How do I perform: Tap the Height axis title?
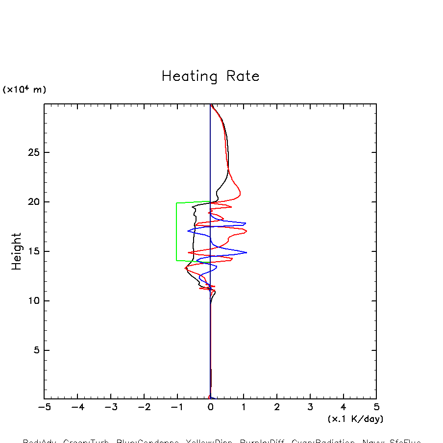click(17, 251)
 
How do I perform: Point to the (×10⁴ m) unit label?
click(25, 90)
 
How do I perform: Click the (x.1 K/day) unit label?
click(355, 419)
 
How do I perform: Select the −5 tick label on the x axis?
click(44, 407)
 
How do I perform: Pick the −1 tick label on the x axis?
click(177, 407)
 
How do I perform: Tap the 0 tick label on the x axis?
click(210, 407)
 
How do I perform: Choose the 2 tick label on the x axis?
click(277, 407)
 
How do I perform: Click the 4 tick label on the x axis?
click(343, 407)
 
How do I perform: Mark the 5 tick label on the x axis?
click(376, 407)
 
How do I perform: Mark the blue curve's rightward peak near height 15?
click(246, 252)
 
